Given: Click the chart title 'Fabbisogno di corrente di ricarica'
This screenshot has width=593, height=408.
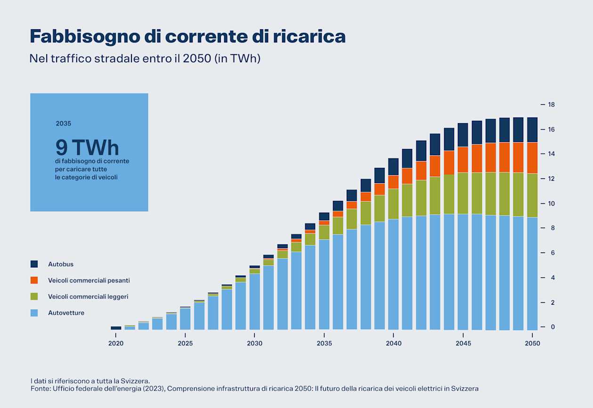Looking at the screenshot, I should coord(187,36).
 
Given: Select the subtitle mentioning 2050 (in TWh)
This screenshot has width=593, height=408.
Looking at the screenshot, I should coord(145,58).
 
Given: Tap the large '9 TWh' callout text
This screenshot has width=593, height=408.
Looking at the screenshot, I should coord(87,148).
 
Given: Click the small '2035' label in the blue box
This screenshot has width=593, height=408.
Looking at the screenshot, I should coord(63,124).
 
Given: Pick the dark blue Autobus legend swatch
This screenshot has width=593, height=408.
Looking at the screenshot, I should coord(34,264).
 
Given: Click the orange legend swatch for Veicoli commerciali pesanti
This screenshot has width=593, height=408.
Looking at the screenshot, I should coord(34,280).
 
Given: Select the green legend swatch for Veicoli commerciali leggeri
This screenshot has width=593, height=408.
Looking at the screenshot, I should coord(34,296).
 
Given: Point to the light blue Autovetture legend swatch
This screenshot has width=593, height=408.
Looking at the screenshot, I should coord(34,313).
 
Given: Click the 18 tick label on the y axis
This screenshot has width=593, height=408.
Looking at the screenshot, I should coord(552,104).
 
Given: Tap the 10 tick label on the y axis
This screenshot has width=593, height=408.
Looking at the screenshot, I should coord(552,203).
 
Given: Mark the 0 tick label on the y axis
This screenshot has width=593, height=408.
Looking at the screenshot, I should coord(550,327).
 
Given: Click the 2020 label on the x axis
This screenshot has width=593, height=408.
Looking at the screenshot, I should coord(116,343).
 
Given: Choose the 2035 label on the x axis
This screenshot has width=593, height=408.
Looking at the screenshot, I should coord(324,343).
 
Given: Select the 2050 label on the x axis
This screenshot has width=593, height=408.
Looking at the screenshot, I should coord(533,343).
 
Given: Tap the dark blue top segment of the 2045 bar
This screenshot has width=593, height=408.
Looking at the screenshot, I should coord(463,135).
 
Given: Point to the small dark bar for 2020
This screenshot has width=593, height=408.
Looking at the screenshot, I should coord(116,328).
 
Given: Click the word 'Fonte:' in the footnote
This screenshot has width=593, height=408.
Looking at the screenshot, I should coord(40,389).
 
